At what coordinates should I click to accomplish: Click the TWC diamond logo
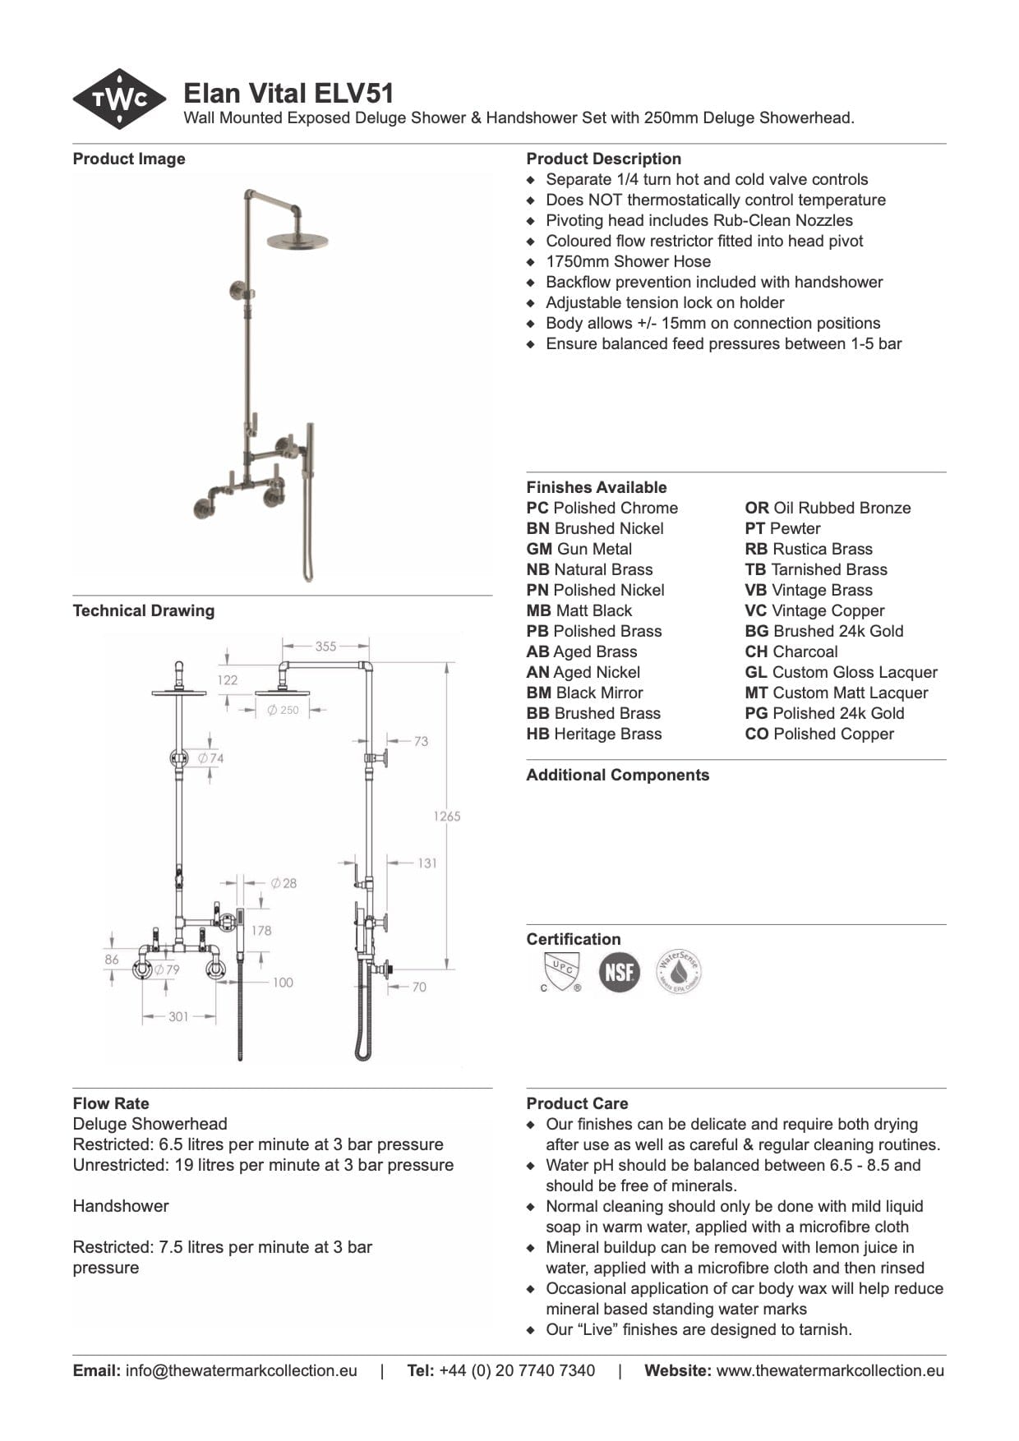coord(120,99)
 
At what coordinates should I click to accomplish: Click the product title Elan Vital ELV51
coord(288,93)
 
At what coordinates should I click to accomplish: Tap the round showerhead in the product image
coord(297,241)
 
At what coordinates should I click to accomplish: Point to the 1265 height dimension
coord(447,816)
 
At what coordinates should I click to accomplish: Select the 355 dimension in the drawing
coord(325,647)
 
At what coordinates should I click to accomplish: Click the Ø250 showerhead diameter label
coord(284,710)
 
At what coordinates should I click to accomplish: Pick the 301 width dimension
coord(178,1016)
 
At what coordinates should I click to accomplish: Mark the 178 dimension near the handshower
coord(261,930)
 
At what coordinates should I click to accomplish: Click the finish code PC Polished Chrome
coord(602,508)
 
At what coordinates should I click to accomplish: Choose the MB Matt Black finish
coord(579,610)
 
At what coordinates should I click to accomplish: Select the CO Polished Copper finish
coord(819,734)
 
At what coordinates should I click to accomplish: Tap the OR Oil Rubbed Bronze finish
coord(828,508)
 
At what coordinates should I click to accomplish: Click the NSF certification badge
coord(619,972)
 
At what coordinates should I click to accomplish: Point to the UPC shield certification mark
coord(561,971)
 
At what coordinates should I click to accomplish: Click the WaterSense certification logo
coord(679,972)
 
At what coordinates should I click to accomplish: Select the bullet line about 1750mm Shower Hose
coord(628,261)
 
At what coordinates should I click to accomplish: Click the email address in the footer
coord(241,1370)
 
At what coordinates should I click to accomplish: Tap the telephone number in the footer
coord(517,1370)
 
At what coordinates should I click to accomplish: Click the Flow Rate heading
coord(111,1103)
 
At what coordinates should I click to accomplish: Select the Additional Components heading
coord(617,775)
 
